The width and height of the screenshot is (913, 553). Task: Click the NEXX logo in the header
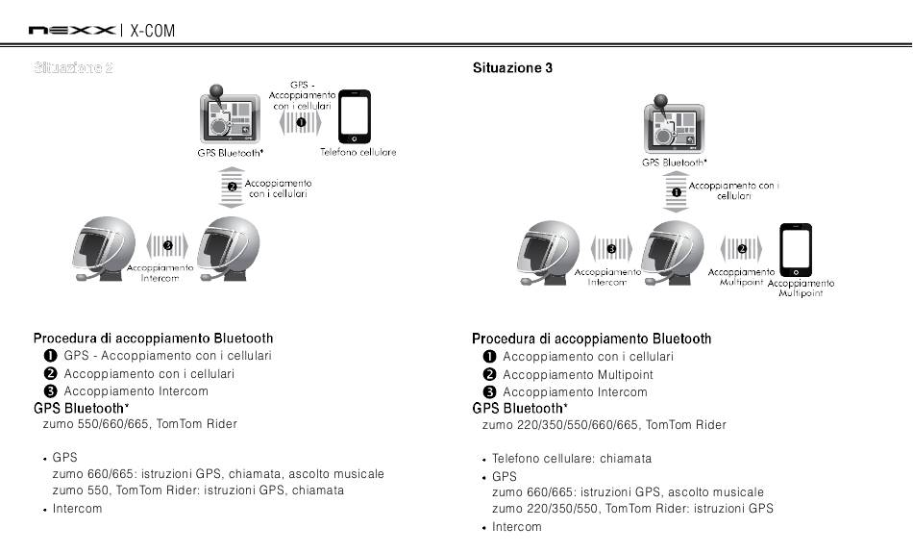71,32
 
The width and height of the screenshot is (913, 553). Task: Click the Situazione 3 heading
512,68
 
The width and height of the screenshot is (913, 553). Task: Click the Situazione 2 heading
74,68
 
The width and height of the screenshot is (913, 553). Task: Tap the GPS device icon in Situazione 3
674,126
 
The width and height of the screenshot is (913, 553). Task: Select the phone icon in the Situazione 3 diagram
796,250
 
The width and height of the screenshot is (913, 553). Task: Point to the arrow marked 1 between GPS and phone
302,123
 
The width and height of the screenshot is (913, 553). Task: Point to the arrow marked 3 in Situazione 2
167,245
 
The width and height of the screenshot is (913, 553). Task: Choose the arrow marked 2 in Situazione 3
742,248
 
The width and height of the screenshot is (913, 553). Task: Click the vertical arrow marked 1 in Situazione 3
676,192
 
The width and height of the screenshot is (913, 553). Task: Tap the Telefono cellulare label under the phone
358,152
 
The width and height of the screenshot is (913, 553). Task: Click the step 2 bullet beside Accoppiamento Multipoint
489,375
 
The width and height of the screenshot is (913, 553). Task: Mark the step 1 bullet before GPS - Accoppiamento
51,356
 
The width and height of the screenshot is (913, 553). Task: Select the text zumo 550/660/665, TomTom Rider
140,423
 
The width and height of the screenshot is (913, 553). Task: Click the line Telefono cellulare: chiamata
572,459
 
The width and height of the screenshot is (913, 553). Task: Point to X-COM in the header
153,32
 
